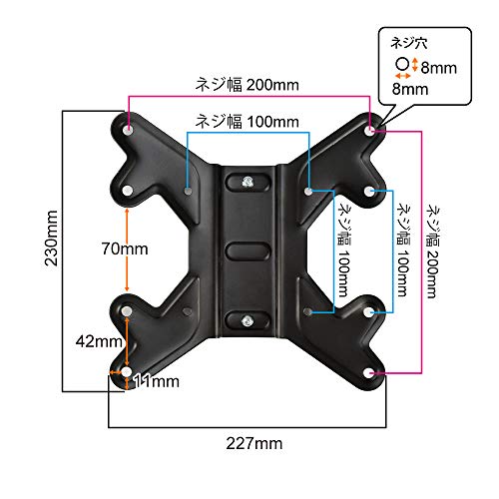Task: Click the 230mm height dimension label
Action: tap(51, 238)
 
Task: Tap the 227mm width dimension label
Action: tap(254, 443)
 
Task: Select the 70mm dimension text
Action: tap(125, 249)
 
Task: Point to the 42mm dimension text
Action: tap(99, 341)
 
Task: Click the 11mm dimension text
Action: tap(157, 381)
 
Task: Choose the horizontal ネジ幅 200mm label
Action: tap(247, 85)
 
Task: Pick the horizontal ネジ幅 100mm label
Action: tap(247, 121)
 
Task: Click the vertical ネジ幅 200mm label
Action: tap(434, 251)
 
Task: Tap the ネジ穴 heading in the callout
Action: tap(409, 43)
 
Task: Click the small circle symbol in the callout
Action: tap(402, 64)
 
